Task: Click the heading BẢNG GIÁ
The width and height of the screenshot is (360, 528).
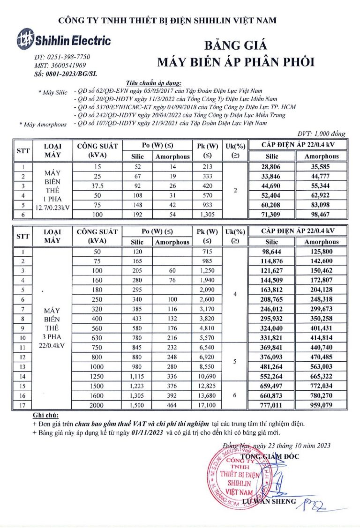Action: pos(236,45)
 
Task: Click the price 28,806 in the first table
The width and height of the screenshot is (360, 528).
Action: pos(271,167)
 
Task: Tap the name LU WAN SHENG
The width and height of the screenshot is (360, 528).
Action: pos(270,501)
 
